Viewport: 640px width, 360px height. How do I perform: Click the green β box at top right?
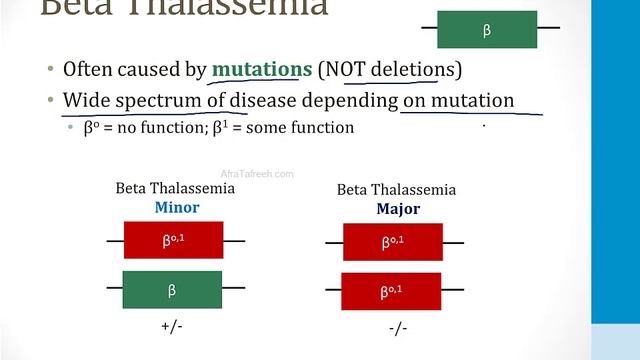[x=487, y=30]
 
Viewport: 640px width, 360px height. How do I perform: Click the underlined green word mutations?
[x=262, y=70]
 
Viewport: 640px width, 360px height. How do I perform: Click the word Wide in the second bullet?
[x=84, y=101]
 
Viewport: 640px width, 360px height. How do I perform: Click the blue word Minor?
[x=176, y=208]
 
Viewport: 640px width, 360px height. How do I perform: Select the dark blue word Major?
[x=397, y=210]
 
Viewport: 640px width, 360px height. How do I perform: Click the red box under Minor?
[x=173, y=240]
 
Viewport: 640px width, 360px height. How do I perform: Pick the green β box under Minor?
[x=172, y=289]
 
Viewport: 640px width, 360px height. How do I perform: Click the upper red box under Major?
[x=392, y=242]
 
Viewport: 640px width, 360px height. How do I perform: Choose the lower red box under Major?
[x=392, y=291]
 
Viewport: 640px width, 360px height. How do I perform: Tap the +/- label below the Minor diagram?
[x=172, y=326]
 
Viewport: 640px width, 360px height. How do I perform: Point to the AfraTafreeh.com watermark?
[x=257, y=174]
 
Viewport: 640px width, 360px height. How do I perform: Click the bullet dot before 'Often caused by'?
[x=50, y=71]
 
